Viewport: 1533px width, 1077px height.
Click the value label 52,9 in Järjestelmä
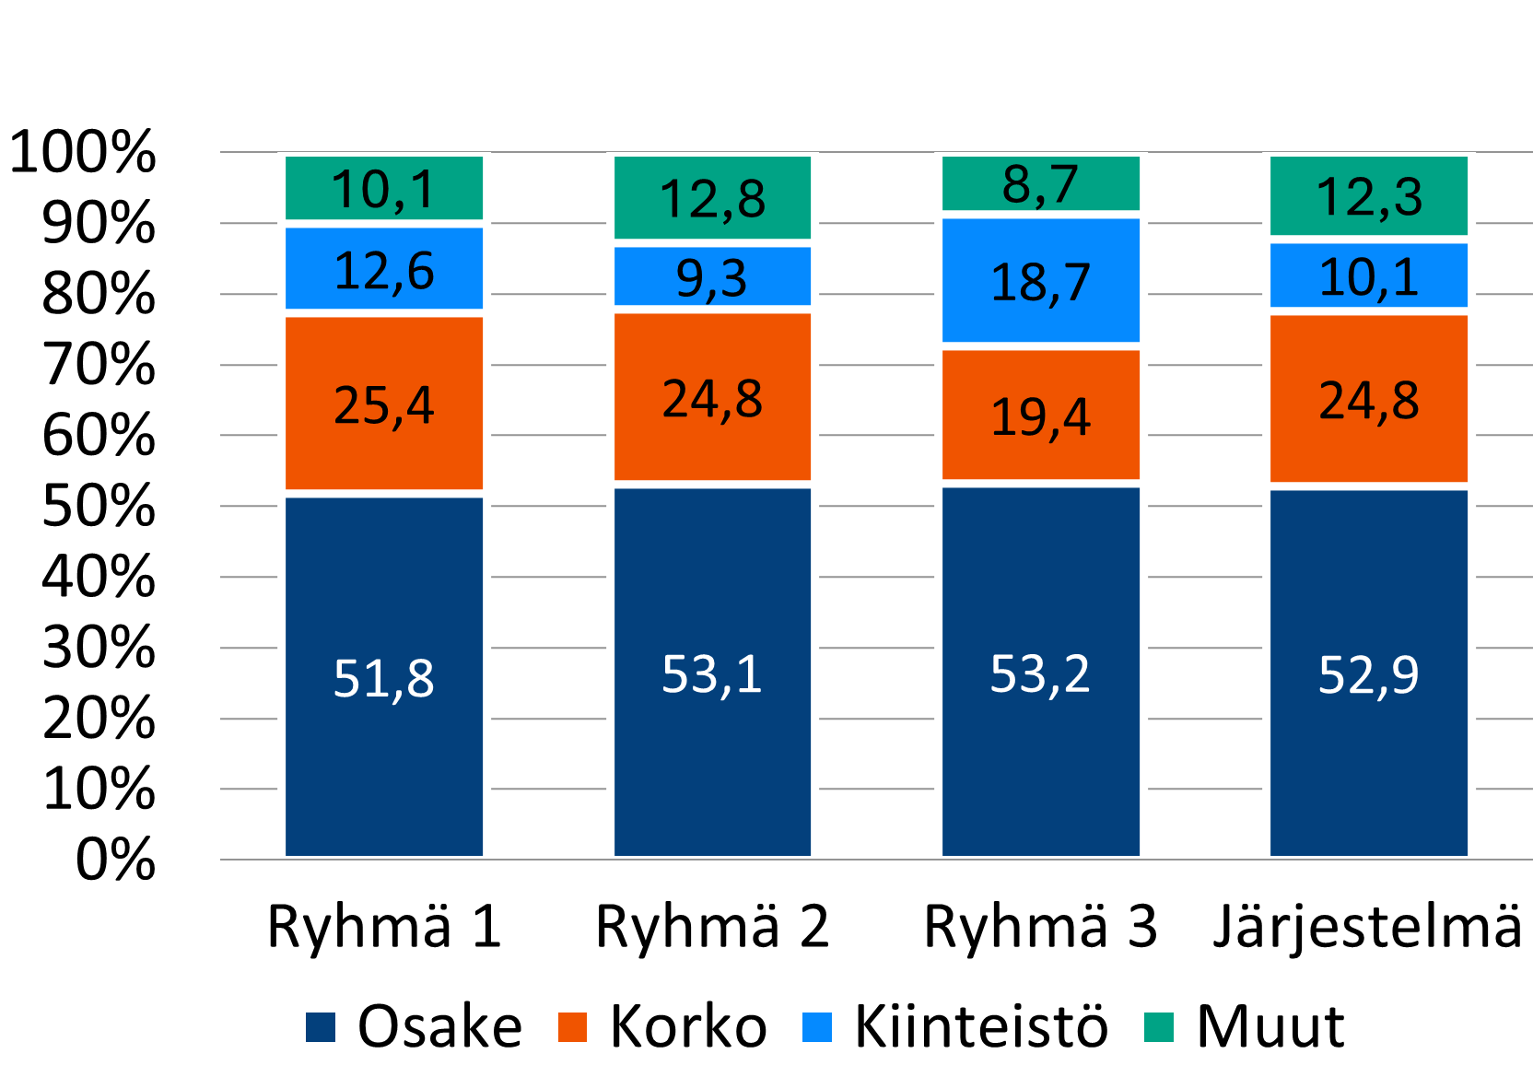pos(1368,674)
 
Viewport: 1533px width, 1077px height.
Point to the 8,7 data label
pos(1040,184)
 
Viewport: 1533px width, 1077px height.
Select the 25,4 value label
pos(383,405)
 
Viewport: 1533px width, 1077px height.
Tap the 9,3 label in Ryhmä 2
pos(711,278)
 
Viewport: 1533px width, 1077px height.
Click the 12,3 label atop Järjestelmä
pos(1369,197)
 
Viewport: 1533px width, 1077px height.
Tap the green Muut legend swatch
pos(1159,1027)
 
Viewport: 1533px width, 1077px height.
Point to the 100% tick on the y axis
pos(83,152)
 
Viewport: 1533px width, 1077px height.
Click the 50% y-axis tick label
pos(99,506)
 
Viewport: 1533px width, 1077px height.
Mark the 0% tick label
pos(115,860)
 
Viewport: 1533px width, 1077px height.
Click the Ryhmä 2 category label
pos(712,926)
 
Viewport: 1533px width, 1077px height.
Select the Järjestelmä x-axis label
pos(1368,926)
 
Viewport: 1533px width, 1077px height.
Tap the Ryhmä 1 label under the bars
pos(384,926)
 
